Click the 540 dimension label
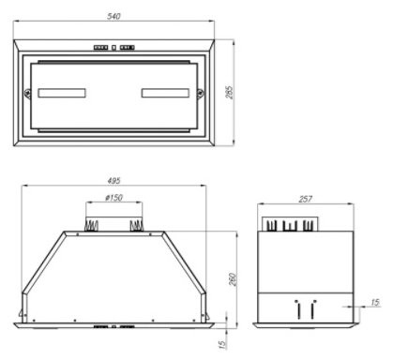click(113, 16)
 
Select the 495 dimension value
click(113, 180)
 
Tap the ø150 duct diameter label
click(113, 198)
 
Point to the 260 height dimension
click(233, 279)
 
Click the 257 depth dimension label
click(305, 199)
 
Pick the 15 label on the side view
click(375, 302)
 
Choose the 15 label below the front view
click(221, 344)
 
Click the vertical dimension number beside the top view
click(229, 93)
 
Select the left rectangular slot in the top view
click(62, 93)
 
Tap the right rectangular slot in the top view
click(165, 93)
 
